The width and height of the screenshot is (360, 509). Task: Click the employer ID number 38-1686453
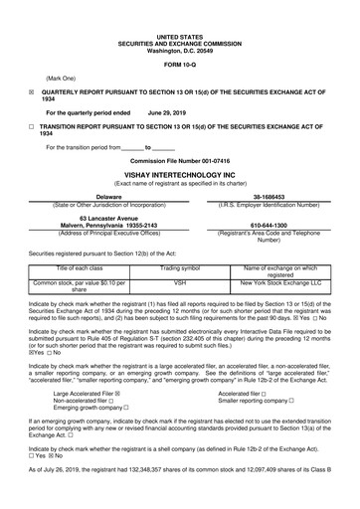coord(269,197)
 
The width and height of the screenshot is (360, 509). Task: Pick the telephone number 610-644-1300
coord(269,225)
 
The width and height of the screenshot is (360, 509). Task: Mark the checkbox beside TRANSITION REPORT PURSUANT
coord(32,128)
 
